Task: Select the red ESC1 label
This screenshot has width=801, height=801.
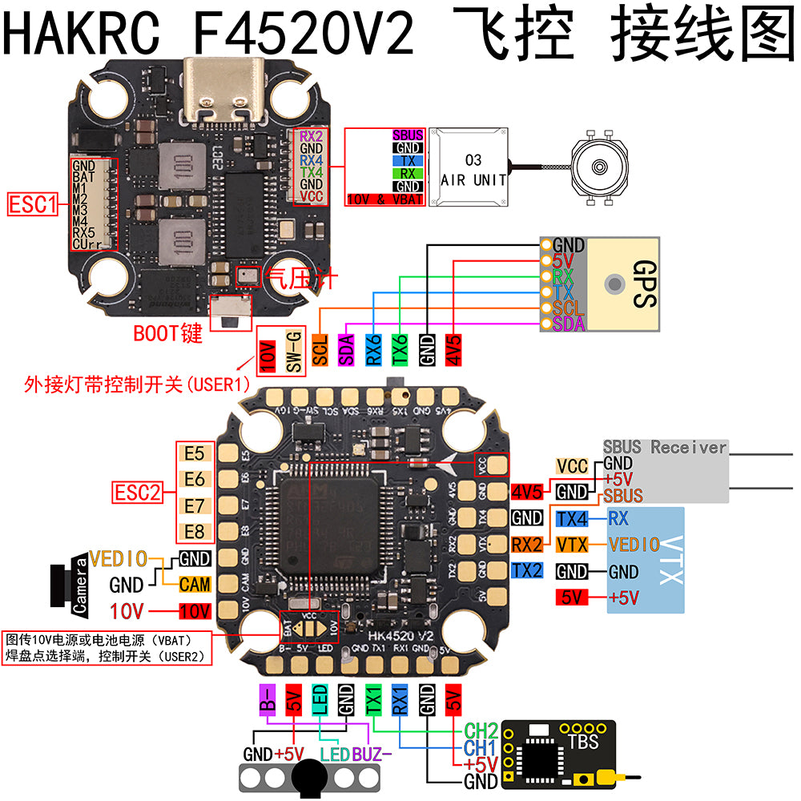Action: click(33, 205)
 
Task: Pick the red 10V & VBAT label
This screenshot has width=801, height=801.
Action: click(384, 199)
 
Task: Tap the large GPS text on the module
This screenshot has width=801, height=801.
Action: click(643, 283)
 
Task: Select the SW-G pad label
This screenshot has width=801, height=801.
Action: click(293, 350)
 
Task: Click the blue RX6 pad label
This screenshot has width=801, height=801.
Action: click(373, 350)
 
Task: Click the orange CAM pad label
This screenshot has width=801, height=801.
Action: click(195, 585)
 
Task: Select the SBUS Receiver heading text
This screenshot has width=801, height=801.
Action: click(665, 447)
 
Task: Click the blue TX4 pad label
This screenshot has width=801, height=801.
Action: click(572, 518)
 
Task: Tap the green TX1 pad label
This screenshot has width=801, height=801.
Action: click(373, 699)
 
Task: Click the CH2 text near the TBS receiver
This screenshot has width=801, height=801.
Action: click(481, 731)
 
